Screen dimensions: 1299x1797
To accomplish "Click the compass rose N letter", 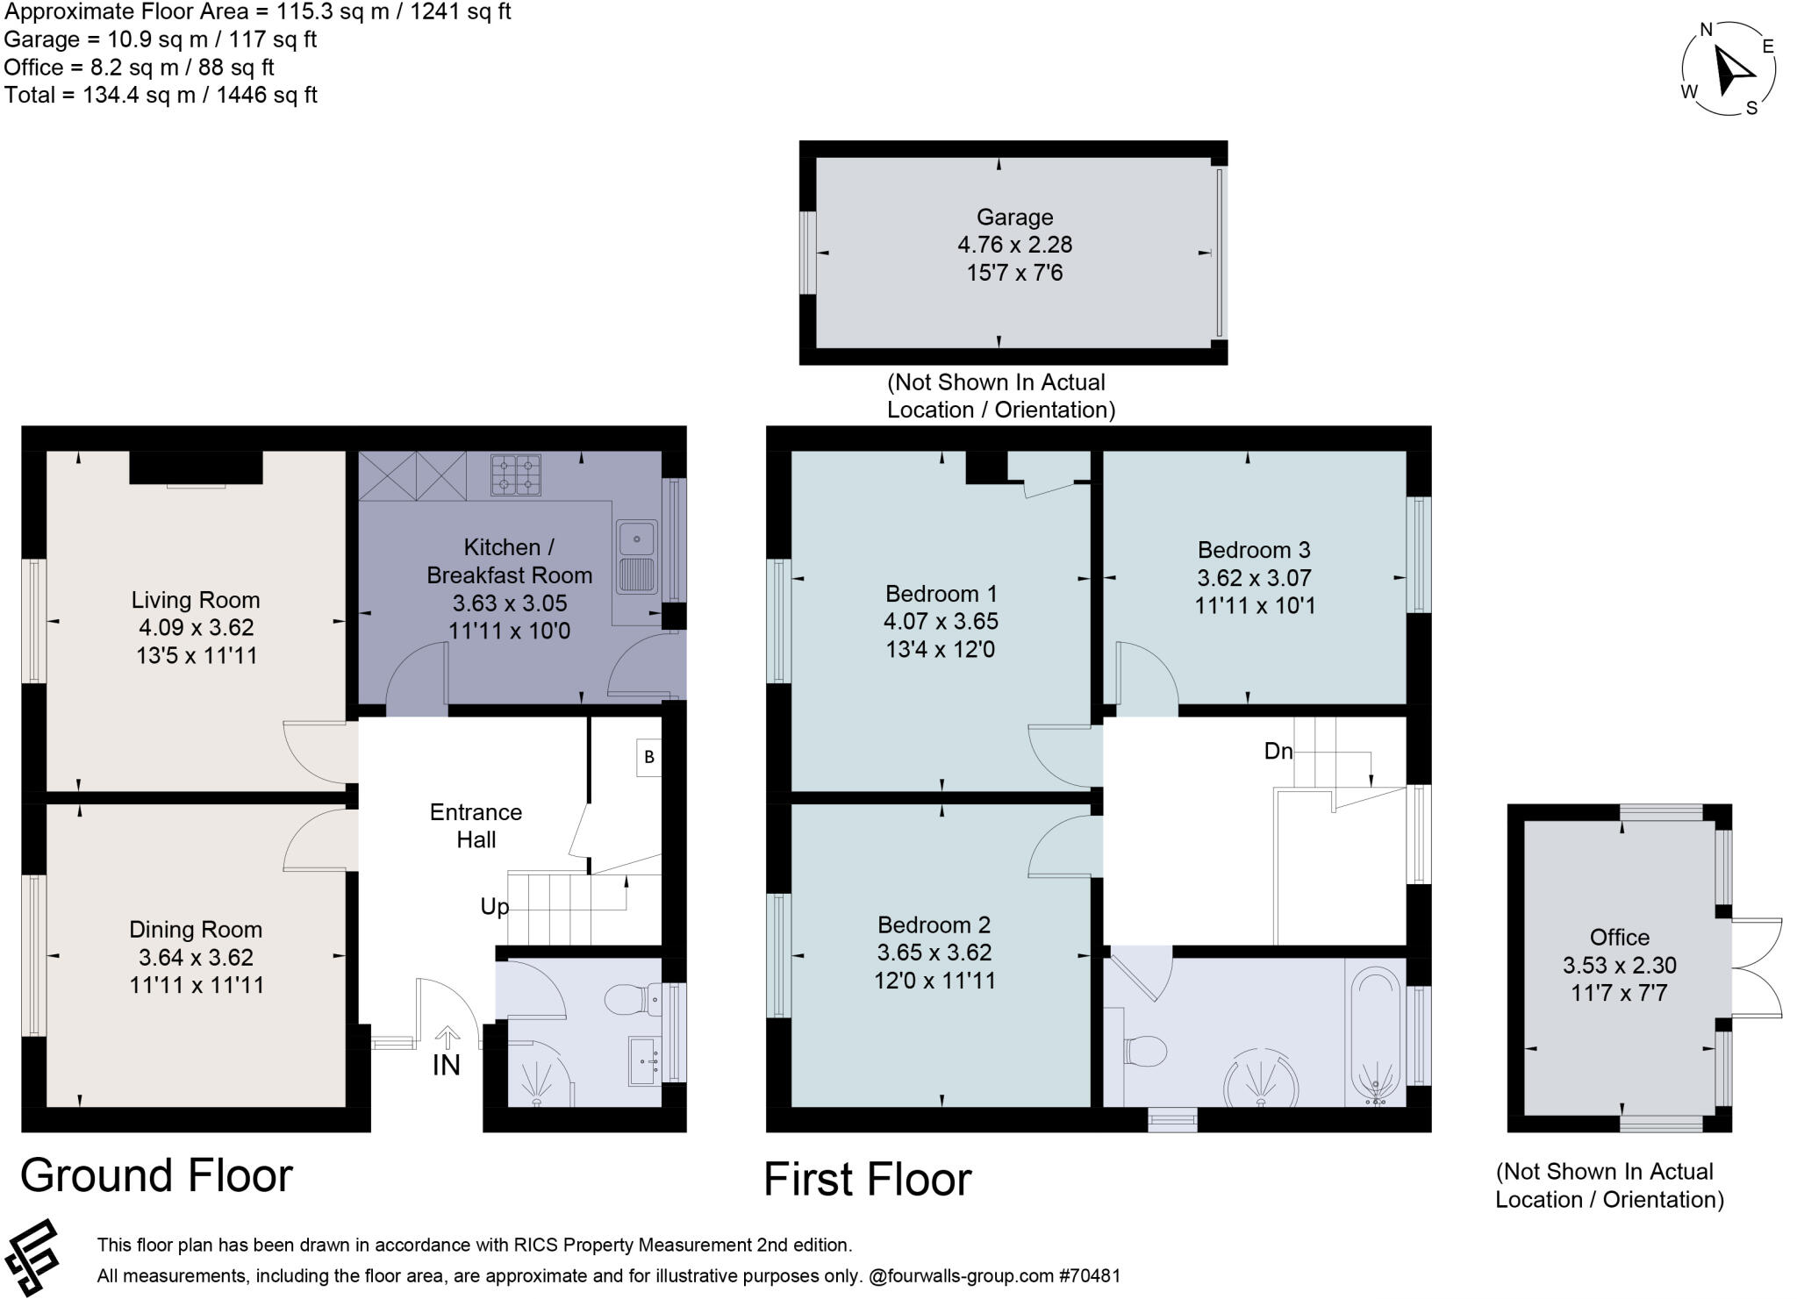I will pyautogui.click(x=1707, y=30).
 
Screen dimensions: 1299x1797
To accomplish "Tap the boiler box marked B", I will pyautogui.click(x=649, y=757).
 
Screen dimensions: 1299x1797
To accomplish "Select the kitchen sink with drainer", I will pyautogui.click(x=637, y=557).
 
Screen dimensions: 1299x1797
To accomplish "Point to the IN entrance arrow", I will pyautogui.click(x=447, y=1038).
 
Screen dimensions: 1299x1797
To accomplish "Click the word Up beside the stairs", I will pyautogui.click(x=494, y=906).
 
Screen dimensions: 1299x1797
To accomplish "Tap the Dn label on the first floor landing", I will pyautogui.click(x=1278, y=751).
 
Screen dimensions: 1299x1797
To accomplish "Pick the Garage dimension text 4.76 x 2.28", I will pyautogui.click(x=1014, y=245).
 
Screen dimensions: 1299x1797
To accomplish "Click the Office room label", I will pyautogui.click(x=1619, y=937).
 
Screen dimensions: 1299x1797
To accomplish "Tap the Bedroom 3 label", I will pyautogui.click(x=1254, y=550).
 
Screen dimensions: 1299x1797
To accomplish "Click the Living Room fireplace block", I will pyautogui.click(x=196, y=467).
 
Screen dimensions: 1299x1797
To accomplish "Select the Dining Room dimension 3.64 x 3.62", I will pyautogui.click(x=196, y=957).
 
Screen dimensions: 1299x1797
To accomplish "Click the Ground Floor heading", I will pyautogui.click(x=156, y=1175).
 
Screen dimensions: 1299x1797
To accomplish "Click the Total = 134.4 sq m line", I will pyautogui.click(x=161, y=95).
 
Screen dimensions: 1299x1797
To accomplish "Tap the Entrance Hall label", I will pyautogui.click(x=476, y=825).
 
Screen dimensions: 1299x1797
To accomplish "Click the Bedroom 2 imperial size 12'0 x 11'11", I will pyautogui.click(x=934, y=980).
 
